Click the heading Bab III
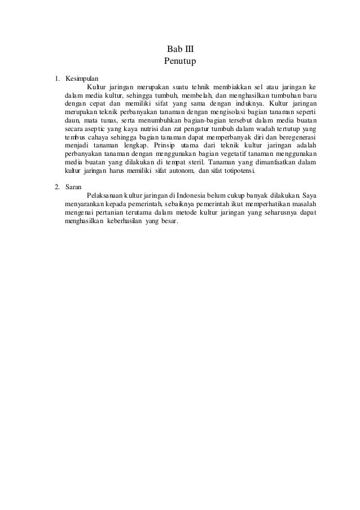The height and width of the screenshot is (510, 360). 180,49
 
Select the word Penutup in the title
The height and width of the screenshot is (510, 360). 180,60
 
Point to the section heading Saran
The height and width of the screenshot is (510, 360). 73,186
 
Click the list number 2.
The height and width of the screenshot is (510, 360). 56,186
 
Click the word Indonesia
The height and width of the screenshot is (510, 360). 187,195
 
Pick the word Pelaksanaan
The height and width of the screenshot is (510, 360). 106,195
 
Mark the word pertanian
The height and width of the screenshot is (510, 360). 113,212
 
